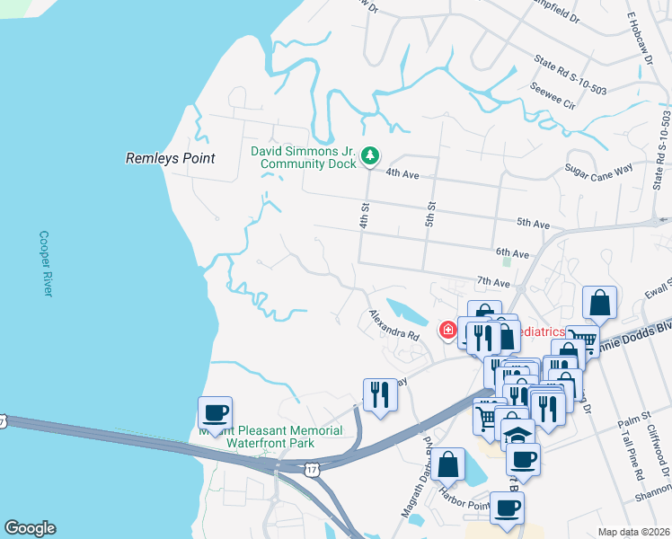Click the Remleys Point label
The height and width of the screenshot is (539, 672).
coord(170,158)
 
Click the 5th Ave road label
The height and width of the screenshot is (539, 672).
coord(533,223)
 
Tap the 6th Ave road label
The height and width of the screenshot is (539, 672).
coord(512,253)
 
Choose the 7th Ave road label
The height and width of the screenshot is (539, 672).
coord(494,282)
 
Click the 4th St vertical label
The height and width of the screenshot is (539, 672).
coord(366,214)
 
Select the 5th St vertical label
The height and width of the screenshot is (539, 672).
coord(430,214)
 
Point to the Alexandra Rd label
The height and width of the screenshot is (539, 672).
coord(394,324)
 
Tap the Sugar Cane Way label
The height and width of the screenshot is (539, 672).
coord(599,172)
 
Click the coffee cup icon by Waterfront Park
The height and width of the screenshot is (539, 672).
coord(215,413)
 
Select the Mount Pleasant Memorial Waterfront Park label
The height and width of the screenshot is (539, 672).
coord(270,437)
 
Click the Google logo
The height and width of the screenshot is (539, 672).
coord(30,528)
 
